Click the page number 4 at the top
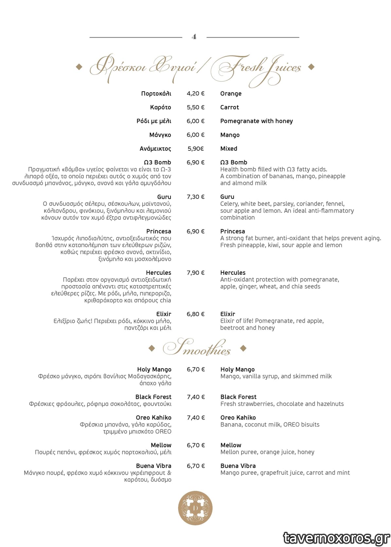click(194, 37)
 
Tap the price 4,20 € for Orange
click(195, 94)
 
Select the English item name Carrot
click(229, 107)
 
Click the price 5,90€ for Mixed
click(195, 149)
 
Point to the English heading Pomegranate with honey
click(256, 121)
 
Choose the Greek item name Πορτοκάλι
click(156, 94)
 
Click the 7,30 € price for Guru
click(195, 197)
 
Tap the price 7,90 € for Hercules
click(195, 273)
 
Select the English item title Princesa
click(232, 231)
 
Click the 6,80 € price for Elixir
click(195, 314)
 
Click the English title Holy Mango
click(237, 369)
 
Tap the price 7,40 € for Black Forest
click(196, 397)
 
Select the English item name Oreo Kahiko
click(238, 418)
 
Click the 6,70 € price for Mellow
click(196, 445)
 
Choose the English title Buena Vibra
click(238, 466)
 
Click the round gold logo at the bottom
click(195, 508)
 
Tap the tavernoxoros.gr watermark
click(336, 538)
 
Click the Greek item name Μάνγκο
click(160, 135)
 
